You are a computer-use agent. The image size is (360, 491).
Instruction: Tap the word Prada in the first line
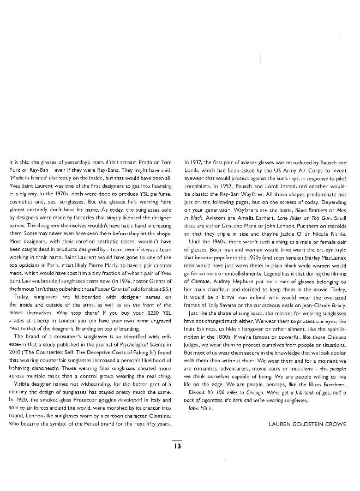(x=151, y=163)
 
